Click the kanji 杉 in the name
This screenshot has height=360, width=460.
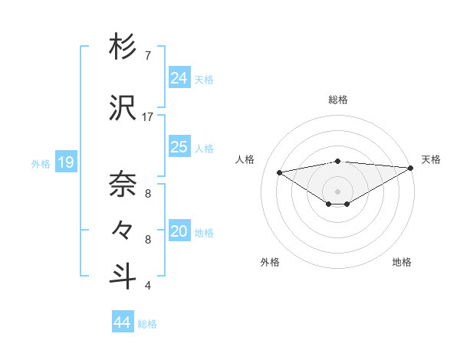tap(123, 47)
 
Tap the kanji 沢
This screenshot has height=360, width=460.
tap(123, 109)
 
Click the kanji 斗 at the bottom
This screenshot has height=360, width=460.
tap(123, 275)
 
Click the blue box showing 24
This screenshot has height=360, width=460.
tap(179, 77)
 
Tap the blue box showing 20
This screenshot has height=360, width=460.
tap(179, 231)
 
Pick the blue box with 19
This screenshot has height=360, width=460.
tap(65, 162)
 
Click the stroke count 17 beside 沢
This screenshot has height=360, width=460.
tap(148, 117)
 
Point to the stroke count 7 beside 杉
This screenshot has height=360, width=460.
tap(148, 56)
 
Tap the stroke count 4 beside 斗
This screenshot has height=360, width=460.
tap(148, 286)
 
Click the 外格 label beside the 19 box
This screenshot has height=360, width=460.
tap(41, 163)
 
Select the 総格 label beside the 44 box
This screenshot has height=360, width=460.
tap(147, 323)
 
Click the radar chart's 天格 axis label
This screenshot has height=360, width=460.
tap(431, 159)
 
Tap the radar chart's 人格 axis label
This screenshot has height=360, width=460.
tap(245, 159)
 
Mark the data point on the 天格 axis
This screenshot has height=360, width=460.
tap(412, 168)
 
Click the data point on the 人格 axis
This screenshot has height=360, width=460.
tap(280, 172)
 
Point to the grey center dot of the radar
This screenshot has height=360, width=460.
tap(337, 191)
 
